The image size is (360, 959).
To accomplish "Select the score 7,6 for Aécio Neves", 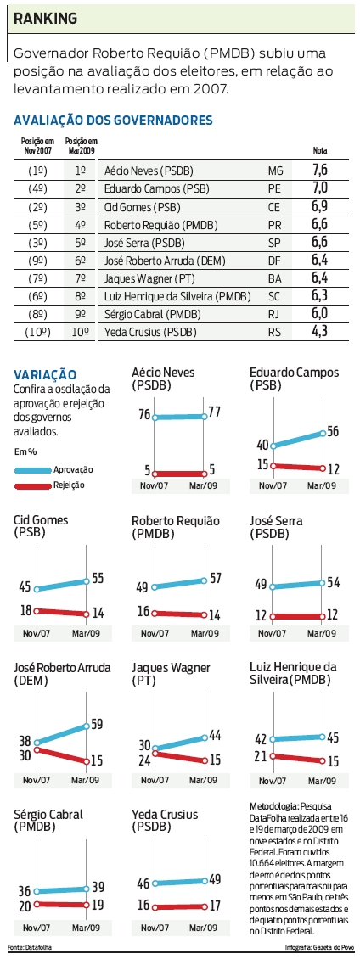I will tap(320, 171).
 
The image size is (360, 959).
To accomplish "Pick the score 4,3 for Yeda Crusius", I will tap(320, 331).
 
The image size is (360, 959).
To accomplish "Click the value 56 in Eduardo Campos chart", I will tap(335, 430).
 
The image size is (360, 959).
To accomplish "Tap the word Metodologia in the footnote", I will tap(271, 805).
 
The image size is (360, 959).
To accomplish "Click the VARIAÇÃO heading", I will tap(45, 374).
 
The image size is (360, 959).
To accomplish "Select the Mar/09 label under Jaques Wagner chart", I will tap(203, 780).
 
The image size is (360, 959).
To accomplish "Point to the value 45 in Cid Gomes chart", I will tap(24, 586).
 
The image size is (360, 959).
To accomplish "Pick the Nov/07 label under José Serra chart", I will tap(273, 632).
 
